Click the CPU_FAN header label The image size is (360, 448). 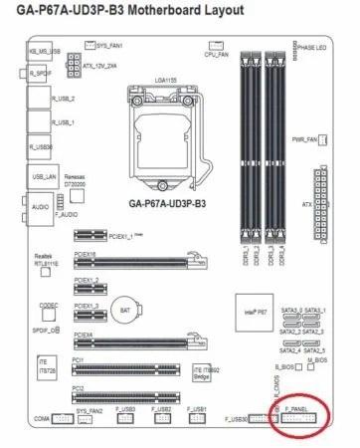click(217, 54)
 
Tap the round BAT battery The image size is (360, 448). click(122, 309)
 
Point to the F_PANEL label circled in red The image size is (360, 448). click(297, 409)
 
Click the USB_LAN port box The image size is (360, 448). click(45, 176)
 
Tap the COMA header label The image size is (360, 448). click(41, 419)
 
